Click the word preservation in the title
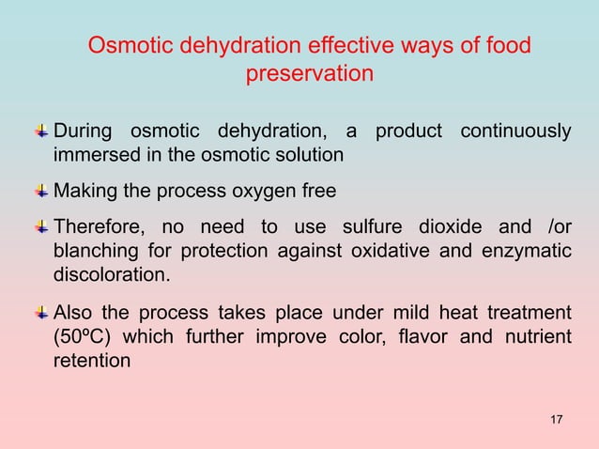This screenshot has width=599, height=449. click(310, 73)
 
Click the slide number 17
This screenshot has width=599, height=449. click(556, 418)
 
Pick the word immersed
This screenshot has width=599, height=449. click(90, 153)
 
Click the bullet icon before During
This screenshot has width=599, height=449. click(43, 130)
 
